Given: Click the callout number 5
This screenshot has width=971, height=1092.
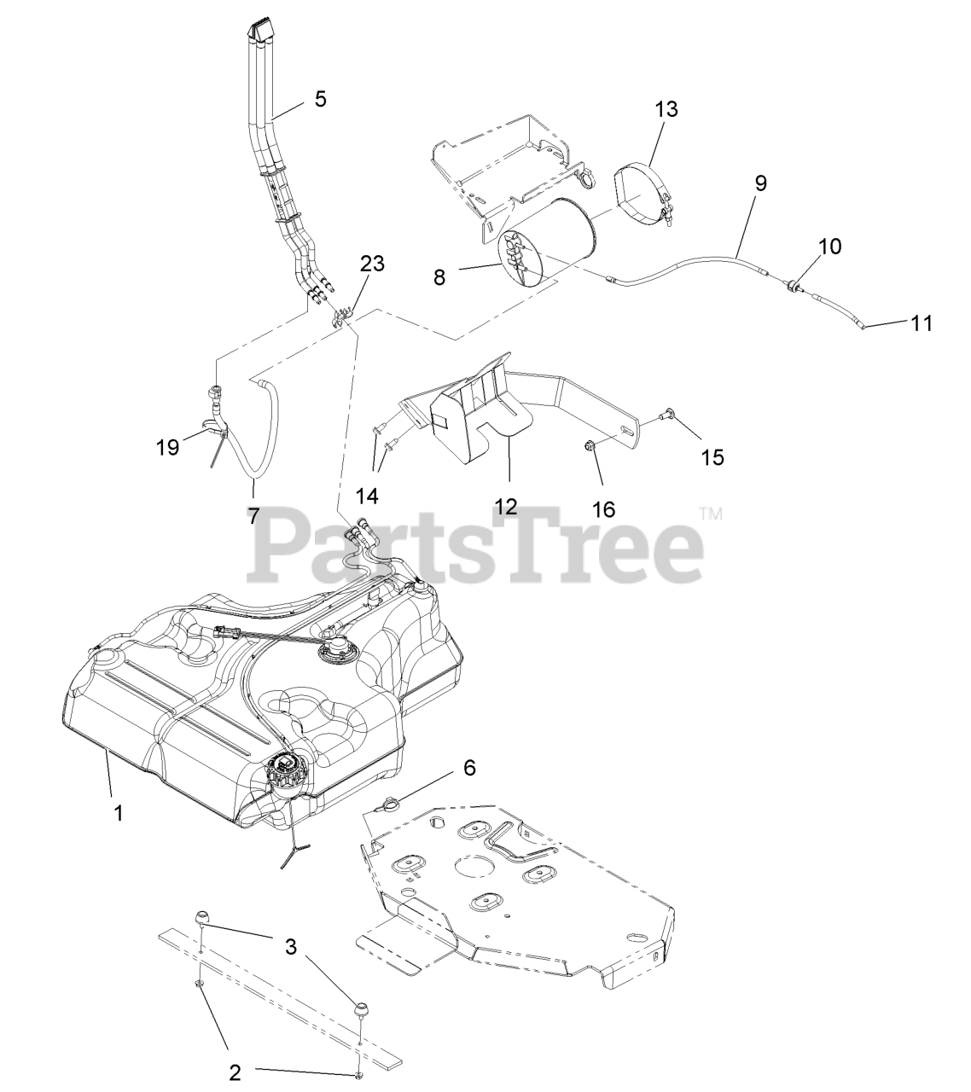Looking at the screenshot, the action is click(320, 99).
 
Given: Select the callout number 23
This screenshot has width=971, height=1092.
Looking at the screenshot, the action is click(372, 264).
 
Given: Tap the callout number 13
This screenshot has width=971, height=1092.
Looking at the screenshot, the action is click(666, 109).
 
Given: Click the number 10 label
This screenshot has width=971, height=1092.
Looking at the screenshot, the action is click(829, 247).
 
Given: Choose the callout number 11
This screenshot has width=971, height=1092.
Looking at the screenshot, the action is click(922, 323).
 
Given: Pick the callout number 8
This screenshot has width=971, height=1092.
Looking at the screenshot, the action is click(439, 277).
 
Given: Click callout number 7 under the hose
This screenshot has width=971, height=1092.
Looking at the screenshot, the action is click(254, 515).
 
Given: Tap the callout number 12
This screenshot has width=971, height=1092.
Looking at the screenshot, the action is click(505, 506).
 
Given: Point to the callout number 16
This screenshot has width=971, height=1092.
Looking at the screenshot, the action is click(603, 509).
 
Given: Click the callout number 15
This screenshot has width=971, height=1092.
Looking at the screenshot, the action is click(712, 457).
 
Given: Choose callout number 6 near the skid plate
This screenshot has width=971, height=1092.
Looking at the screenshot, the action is click(469, 767).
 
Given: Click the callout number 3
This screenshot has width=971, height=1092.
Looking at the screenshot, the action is click(291, 947).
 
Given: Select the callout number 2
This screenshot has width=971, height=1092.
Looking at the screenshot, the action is click(235, 1072).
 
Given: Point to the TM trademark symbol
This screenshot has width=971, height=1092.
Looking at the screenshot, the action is click(711, 514).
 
